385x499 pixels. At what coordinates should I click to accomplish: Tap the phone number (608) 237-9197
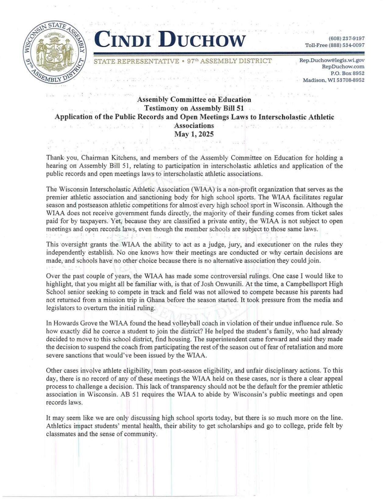(346, 39)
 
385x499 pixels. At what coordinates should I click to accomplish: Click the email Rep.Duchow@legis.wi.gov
(332, 60)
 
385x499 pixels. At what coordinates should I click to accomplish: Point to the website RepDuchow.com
(343, 67)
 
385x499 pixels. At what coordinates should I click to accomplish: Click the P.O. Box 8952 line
(347, 73)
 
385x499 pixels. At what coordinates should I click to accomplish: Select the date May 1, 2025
(194, 134)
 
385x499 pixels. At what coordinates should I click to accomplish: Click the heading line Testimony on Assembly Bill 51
(194, 108)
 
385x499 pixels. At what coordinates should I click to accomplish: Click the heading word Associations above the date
(194, 125)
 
